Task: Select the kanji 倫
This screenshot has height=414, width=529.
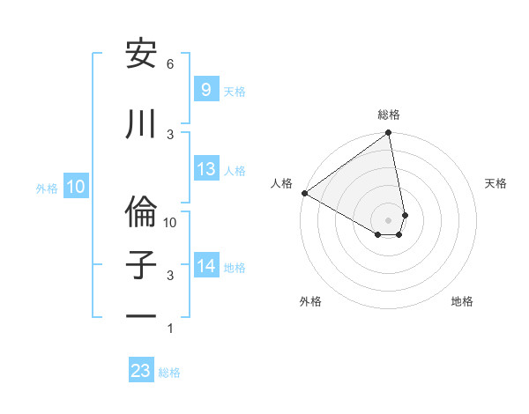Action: (x=142, y=209)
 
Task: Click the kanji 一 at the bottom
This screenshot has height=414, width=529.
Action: (x=142, y=315)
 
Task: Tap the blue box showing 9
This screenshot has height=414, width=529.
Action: (x=205, y=90)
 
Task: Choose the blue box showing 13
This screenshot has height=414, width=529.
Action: (x=206, y=169)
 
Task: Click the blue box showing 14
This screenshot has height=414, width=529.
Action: (x=206, y=266)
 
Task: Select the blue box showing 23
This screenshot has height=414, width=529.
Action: (x=141, y=371)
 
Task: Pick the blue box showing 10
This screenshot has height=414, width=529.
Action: (x=75, y=187)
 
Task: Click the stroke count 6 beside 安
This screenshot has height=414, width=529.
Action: (x=170, y=64)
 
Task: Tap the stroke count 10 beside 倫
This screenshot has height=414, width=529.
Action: (x=170, y=223)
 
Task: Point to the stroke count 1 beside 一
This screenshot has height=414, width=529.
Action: (x=170, y=329)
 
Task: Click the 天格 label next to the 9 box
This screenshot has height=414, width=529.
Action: (x=235, y=91)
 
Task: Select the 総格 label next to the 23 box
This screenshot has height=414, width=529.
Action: (x=169, y=372)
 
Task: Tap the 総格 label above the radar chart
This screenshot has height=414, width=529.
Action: (x=389, y=115)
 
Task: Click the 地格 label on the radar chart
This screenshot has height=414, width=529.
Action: (x=462, y=301)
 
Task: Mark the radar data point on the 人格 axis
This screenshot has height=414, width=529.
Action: (x=304, y=192)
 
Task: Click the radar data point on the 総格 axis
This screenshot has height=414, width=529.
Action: (x=388, y=134)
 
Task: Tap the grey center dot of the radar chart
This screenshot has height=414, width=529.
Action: (x=388, y=219)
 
